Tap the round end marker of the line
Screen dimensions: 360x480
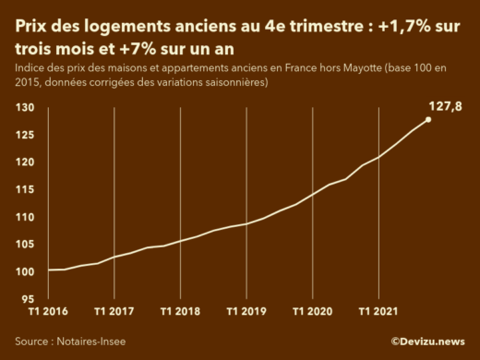(428, 119)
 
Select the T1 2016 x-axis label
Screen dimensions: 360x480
(48, 312)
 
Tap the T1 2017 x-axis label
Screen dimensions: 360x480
(114, 312)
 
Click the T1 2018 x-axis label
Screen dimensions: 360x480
(179, 312)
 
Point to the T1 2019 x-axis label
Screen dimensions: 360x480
(245, 312)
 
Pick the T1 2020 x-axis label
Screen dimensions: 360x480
(310, 312)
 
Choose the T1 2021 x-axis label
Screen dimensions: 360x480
(377, 312)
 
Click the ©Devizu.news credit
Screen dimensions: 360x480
(427, 341)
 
